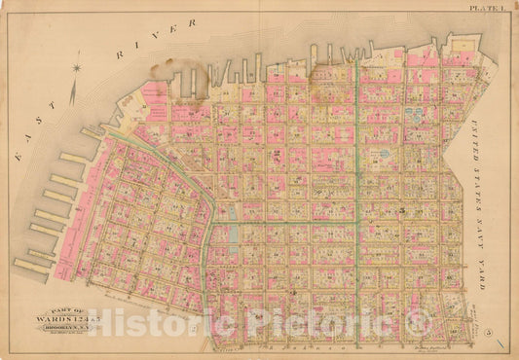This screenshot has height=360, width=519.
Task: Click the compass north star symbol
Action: [x=76, y=67]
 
